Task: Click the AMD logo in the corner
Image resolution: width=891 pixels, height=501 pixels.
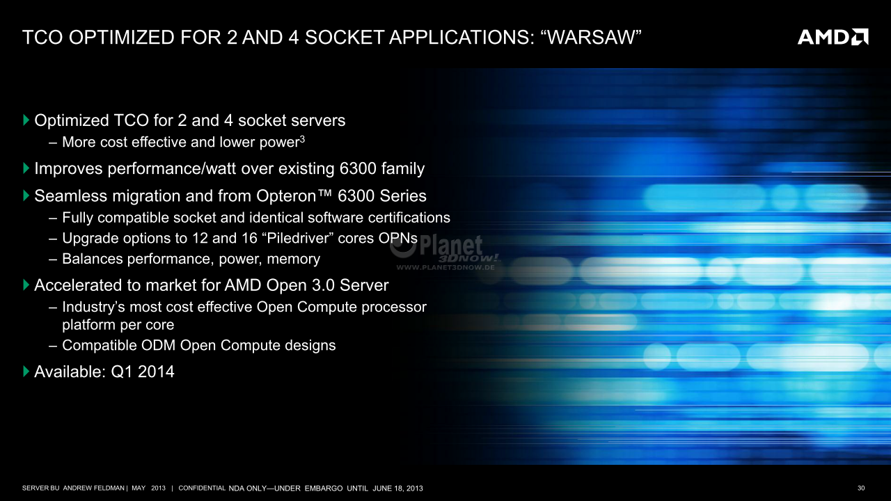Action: click(x=833, y=37)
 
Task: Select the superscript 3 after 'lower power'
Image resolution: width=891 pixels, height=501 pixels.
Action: click(x=302, y=138)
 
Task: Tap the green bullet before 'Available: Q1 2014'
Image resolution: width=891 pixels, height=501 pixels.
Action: click(x=26, y=372)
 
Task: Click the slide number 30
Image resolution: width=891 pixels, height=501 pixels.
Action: click(x=861, y=488)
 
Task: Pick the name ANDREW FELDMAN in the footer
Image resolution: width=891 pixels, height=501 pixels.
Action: click(x=94, y=488)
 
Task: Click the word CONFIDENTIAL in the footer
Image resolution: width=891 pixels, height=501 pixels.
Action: click(x=202, y=488)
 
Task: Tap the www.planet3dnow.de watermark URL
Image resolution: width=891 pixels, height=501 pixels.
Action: click(x=445, y=267)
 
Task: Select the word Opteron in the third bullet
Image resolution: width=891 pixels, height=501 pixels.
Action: click(x=286, y=196)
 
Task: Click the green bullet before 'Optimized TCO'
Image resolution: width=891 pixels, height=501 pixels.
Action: click(x=26, y=120)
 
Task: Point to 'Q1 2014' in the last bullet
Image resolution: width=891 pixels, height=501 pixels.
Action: click(x=143, y=372)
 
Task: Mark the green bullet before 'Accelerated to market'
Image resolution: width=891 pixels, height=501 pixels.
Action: click(x=26, y=285)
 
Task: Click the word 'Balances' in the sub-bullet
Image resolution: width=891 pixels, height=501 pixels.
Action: click(x=93, y=258)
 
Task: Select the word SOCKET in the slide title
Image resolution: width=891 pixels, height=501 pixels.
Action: click(x=345, y=37)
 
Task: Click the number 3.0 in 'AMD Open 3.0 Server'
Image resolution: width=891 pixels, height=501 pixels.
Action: click(x=324, y=285)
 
